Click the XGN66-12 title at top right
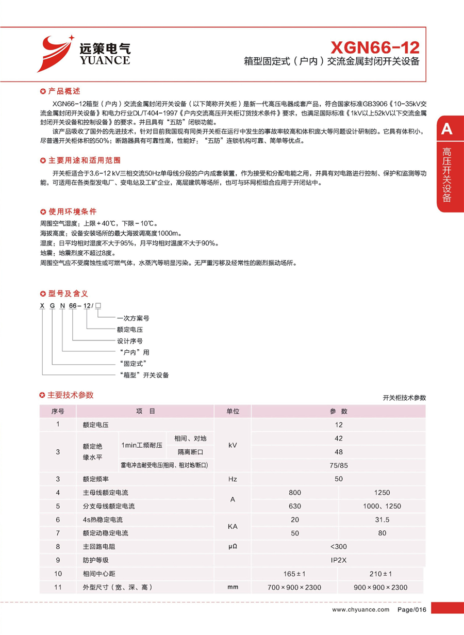click(375, 47)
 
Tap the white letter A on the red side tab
click(446, 129)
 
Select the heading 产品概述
click(64, 91)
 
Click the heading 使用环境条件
click(72, 212)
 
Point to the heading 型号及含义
click(68, 294)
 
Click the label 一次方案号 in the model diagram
click(133, 318)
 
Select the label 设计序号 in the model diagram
click(130, 341)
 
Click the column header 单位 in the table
click(233, 411)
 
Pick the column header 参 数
click(339, 411)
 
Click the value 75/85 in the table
click(339, 465)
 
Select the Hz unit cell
click(233, 479)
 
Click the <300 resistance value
click(339, 547)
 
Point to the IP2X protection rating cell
click(339, 560)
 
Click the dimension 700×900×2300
click(295, 588)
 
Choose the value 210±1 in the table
click(382, 574)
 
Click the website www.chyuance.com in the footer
click(361, 610)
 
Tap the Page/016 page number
click(412, 610)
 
